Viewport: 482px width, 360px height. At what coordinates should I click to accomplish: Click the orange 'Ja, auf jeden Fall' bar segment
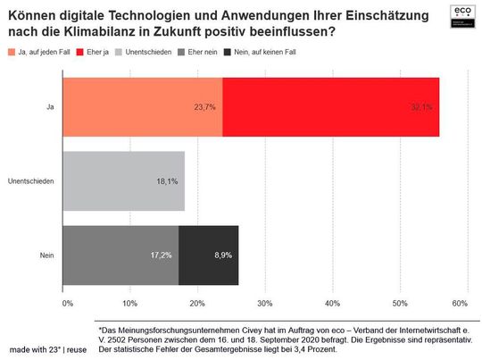tap(143, 106)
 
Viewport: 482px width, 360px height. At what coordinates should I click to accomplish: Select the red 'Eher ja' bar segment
tap(330, 106)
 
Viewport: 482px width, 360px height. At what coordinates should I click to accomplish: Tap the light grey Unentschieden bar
tap(123, 181)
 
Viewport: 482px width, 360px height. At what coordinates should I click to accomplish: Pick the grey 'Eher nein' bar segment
tap(120, 255)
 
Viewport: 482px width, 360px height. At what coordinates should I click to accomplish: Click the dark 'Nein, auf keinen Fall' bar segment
tap(208, 255)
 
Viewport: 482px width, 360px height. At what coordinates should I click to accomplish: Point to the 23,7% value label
tap(205, 107)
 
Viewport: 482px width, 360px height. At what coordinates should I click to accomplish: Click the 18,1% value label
tap(167, 181)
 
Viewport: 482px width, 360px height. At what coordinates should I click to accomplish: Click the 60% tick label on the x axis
tap(461, 305)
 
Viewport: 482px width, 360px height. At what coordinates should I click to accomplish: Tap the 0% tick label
tap(67, 305)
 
